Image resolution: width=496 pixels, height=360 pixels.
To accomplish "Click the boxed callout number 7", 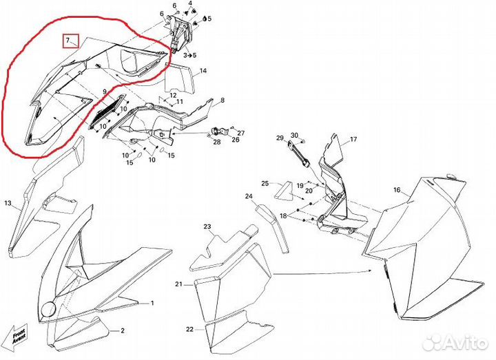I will pos(70,41).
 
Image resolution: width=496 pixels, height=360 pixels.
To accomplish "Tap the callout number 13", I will pos(8,204).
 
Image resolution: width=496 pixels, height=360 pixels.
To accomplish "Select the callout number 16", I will pos(397,189).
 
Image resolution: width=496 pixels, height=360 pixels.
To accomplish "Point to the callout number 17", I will pos(353,140).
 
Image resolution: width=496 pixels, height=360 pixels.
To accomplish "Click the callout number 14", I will pos(203,71).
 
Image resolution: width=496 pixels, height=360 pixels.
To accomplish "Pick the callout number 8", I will pos(223,101).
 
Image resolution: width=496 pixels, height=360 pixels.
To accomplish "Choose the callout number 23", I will pos(207,226).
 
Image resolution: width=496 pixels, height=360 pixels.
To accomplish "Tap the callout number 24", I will pos(249,196).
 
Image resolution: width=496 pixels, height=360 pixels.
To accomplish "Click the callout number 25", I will pos(265,183).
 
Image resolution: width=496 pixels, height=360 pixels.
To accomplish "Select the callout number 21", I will pos(178,284).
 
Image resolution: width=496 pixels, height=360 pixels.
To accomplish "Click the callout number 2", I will pos(122,330).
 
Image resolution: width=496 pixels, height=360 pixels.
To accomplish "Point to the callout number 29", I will pos(280,138).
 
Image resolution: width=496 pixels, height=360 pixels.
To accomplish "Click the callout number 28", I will pos(216,142).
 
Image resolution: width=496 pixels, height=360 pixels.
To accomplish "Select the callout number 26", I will pos(235,140).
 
